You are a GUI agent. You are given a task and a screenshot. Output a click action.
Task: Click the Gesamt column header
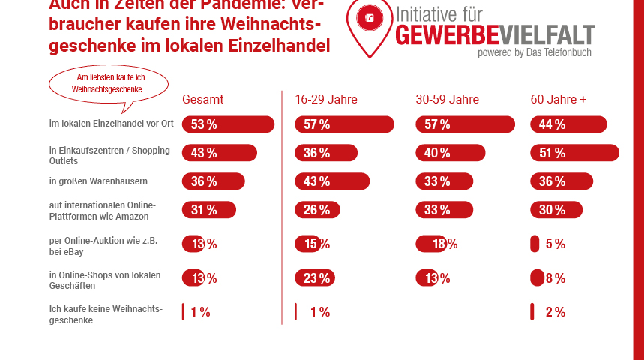pos(202,100)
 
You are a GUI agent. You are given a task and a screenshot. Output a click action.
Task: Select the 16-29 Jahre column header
pos(326,100)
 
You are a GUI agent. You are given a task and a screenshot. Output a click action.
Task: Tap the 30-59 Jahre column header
pos(447,100)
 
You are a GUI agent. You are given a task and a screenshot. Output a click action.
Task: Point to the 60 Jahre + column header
pos(559,100)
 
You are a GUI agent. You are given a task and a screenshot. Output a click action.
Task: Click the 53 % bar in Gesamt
pos(229,124)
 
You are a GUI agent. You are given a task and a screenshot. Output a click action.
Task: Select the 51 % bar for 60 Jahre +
pos(574,153)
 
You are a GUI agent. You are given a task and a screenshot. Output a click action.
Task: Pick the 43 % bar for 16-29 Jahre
pos(332,181)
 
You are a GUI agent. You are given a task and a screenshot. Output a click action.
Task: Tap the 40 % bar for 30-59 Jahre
pos(450,153)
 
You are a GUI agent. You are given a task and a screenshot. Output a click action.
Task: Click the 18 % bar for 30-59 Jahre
pos(432,244)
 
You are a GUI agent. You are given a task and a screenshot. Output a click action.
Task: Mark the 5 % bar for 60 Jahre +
pos(535,244)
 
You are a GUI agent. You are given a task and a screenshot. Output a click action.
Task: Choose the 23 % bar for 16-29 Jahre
pos(315,278)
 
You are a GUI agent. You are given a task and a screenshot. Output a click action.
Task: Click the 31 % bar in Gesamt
pos(209,210)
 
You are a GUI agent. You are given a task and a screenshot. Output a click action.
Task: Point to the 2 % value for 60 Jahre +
pos(555,312)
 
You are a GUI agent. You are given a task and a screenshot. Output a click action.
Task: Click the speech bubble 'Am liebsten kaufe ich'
pos(109,83)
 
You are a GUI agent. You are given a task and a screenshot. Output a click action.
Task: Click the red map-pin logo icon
pos(369,22)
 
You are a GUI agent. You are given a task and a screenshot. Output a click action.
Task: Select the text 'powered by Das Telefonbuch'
pos(535,52)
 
